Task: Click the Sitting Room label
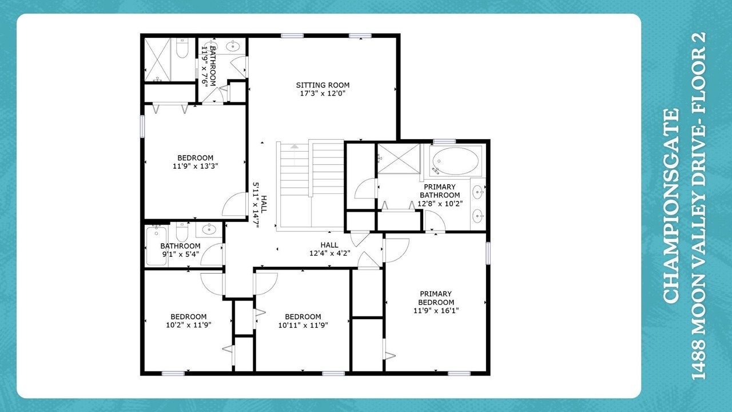[x=323, y=85]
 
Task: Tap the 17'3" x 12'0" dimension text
[x=323, y=93]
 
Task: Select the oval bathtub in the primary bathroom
[x=456, y=161]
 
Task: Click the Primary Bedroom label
[x=436, y=298]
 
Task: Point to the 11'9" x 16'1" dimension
[x=436, y=311]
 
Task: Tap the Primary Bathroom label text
[x=440, y=191]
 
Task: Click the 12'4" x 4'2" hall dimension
[x=330, y=253]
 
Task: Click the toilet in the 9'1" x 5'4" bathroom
[x=182, y=232]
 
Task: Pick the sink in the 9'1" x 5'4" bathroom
[x=208, y=229]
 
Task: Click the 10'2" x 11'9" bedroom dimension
[x=189, y=325]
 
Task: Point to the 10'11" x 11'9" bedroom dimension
[x=303, y=325]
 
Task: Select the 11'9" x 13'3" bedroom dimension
[x=195, y=166]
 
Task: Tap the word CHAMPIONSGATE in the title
[x=672, y=206]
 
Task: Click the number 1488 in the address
[x=699, y=363]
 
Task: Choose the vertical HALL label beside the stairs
[x=264, y=205]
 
